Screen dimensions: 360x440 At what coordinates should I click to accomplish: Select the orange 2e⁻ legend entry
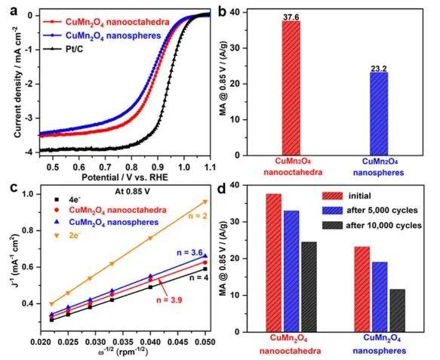coord(70,235)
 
